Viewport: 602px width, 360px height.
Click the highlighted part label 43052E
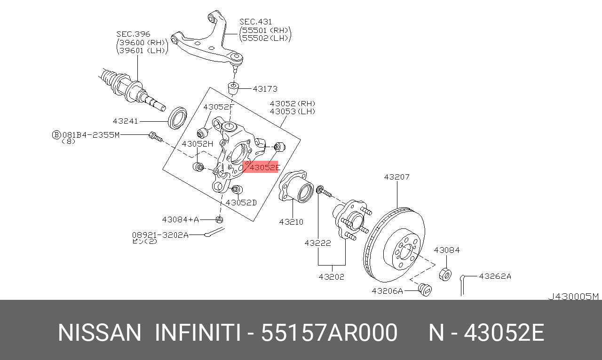264,167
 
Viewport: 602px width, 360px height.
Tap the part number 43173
265,89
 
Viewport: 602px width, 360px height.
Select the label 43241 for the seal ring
125,121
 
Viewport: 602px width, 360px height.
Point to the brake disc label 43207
396,177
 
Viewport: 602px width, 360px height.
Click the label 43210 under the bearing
291,222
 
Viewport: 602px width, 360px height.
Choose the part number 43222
317,243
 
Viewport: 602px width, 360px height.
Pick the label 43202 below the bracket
331,277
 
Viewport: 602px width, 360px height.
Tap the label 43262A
495,276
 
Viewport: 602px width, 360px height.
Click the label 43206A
387,291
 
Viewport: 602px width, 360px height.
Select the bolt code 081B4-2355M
90,135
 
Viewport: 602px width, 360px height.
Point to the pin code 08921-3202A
160,235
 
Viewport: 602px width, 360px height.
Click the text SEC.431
255,22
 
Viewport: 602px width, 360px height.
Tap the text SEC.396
133,34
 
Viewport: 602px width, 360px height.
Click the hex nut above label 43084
445,274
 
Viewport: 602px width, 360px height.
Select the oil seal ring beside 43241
178,118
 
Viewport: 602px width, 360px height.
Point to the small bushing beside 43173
234,88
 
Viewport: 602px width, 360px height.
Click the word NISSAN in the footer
99,333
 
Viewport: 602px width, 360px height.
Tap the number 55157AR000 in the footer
329,333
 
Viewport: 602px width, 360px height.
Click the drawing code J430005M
573,297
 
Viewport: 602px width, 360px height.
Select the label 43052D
241,203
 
